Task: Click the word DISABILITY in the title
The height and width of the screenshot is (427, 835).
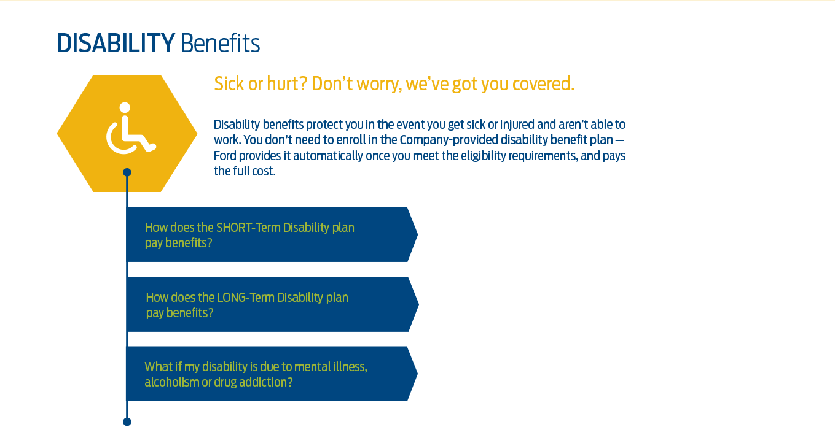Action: tap(116, 43)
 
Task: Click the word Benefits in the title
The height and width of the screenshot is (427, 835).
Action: tap(221, 43)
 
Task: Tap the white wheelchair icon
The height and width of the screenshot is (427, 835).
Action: tap(131, 128)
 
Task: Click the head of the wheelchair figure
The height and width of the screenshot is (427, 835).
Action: tap(125, 107)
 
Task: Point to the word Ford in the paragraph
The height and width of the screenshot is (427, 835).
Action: tap(225, 156)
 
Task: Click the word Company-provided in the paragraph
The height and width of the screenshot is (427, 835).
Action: tap(449, 140)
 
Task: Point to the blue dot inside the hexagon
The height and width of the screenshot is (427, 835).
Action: tap(127, 172)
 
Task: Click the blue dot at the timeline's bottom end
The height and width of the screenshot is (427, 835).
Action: tap(127, 422)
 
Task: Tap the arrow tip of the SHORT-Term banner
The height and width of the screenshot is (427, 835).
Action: tap(417, 234)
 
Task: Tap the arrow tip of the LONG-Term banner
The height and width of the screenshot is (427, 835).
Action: tap(418, 304)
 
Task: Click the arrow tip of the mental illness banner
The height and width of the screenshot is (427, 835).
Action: tap(417, 374)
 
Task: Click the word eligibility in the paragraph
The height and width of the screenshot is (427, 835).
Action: tap(483, 156)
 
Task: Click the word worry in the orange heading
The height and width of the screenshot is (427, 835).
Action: tap(379, 84)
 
